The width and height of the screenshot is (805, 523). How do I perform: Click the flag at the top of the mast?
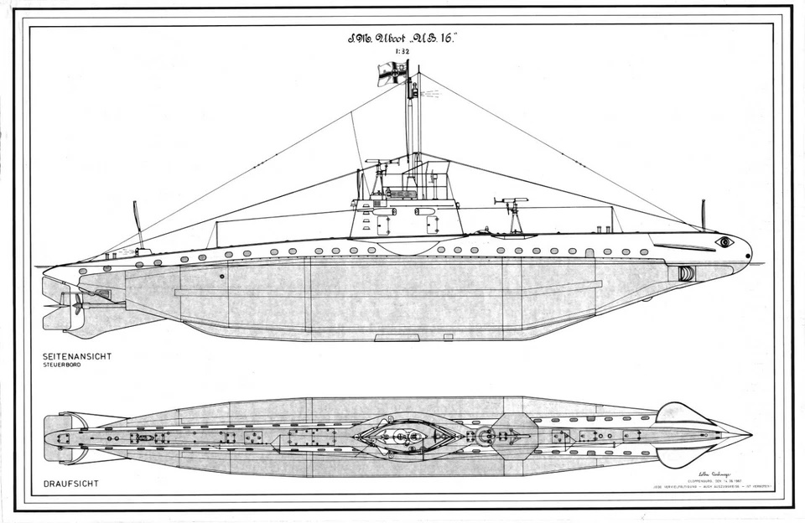pyautogui.click(x=392, y=74)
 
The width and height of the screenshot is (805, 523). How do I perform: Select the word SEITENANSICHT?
pyautogui.click(x=77, y=356)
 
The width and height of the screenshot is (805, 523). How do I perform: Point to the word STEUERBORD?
pyautogui.click(x=62, y=365)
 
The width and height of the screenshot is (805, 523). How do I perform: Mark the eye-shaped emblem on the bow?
pyautogui.click(x=724, y=241)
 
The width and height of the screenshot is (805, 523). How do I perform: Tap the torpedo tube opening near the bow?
pyautogui.click(x=686, y=273)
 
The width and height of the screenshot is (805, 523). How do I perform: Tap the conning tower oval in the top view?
pyautogui.click(x=406, y=436)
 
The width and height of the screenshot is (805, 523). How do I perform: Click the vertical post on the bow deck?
pyautogui.click(x=703, y=215)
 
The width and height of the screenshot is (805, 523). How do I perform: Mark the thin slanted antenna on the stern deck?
pyautogui.click(x=138, y=224)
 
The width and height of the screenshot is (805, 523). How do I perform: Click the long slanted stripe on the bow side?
pyautogui.click(x=683, y=247)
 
